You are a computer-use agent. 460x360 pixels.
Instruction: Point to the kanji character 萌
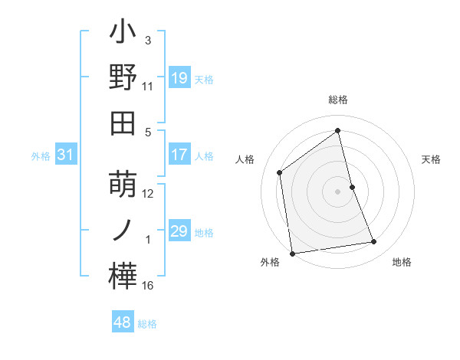point(123,185)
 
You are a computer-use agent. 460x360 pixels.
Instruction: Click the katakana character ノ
point(123,230)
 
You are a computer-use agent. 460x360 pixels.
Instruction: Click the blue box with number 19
point(179,78)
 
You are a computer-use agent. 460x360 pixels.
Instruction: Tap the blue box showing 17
point(179,155)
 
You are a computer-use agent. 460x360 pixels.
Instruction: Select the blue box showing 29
point(179,231)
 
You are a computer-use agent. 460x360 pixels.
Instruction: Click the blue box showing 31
point(66,155)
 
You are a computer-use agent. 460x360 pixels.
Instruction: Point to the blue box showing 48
point(123,322)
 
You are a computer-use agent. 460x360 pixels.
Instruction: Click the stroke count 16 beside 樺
point(148,286)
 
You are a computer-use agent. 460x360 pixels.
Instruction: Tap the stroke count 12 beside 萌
point(148,193)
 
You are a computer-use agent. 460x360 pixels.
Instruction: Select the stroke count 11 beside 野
point(148,87)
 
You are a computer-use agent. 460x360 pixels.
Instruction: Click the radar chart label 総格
point(338,100)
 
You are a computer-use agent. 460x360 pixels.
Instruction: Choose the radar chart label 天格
point(432,159)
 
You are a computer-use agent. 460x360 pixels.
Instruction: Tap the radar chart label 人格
point(245,159)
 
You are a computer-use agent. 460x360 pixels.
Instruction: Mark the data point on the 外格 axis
point(292,253)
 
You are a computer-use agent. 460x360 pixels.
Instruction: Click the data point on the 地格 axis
point(374,242)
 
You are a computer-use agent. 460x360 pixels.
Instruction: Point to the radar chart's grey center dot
point(338,191)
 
